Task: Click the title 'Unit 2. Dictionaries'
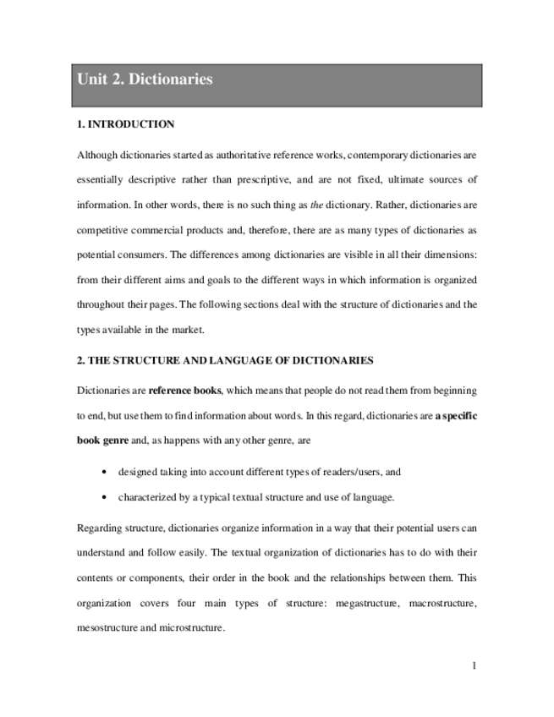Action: click(x=145, y=80)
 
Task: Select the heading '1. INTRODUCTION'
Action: click(x=125, y=124)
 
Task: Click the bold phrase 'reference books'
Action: click(x=184, y=391)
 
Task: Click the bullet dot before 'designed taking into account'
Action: click(x=103, y=472)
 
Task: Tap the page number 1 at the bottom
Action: click(x=474, y=665)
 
